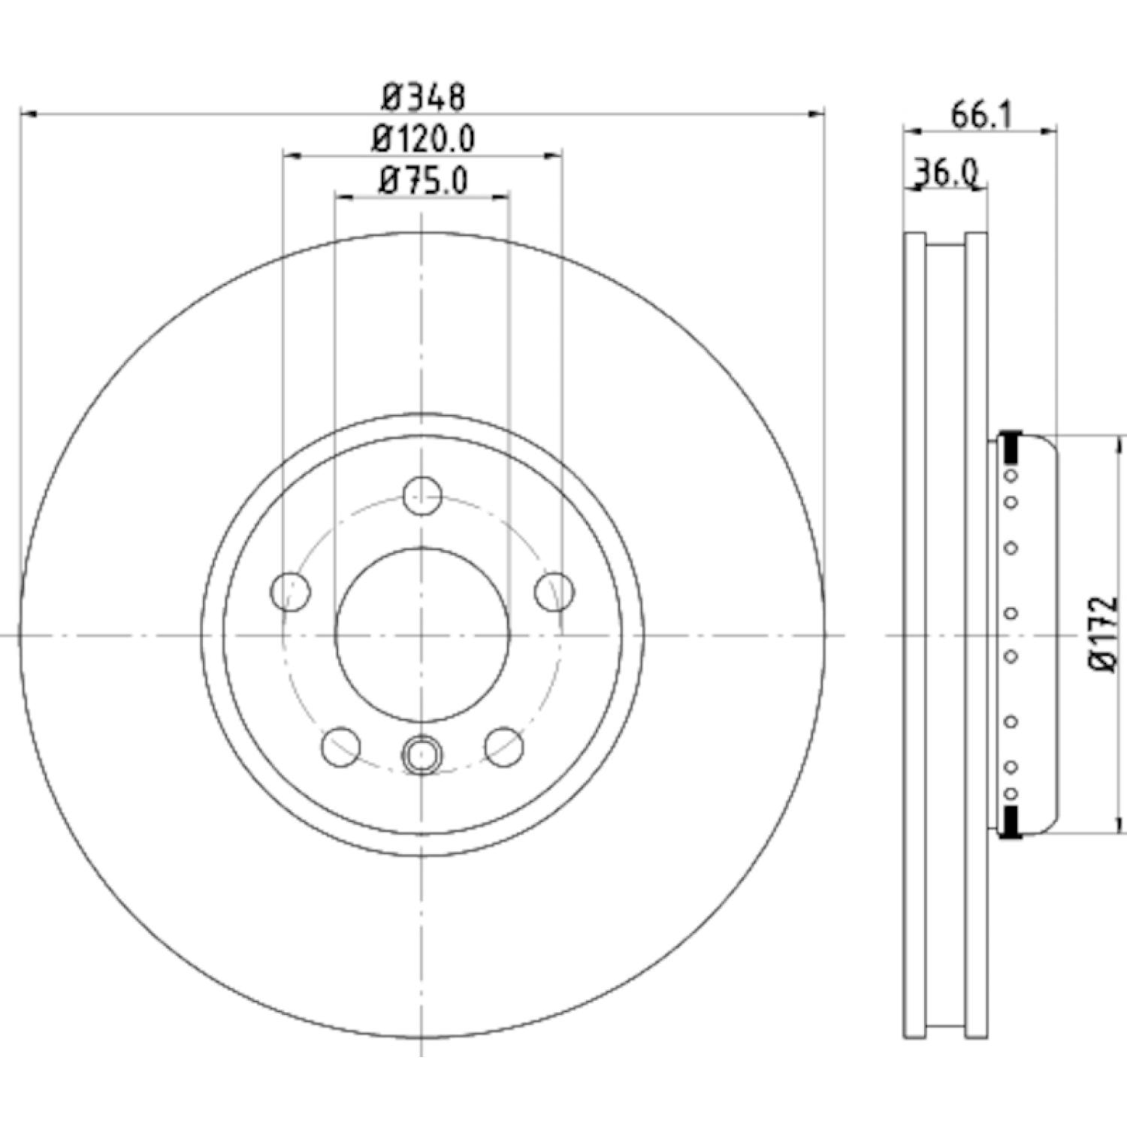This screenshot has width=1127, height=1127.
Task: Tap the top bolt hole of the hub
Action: pyautogui.click(x=422, y=496)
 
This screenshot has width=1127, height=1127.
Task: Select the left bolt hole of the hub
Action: pyautogui.click(x=290, y=591)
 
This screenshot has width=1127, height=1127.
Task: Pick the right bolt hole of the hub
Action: pyautogui.click(x=554, y=591)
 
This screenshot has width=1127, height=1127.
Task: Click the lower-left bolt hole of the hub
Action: pyautogui.click(x=340, y=747)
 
